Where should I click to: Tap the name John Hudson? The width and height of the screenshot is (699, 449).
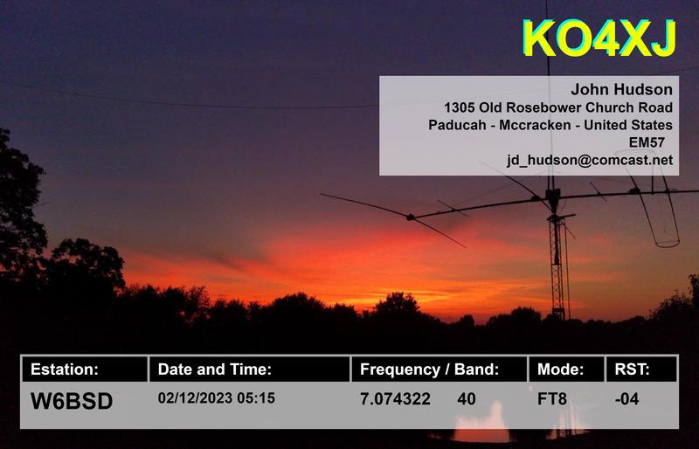(621, 89)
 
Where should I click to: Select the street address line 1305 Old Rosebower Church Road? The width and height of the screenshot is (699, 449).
(558, 107)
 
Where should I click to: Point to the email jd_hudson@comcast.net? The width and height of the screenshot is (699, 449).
(590, 160)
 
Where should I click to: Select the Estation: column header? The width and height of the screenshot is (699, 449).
(66, 370)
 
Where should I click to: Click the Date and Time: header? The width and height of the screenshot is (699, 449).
(215, 370)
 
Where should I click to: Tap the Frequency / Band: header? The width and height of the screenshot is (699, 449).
(430, 370)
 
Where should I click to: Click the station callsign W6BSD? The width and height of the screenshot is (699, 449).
(72, 401)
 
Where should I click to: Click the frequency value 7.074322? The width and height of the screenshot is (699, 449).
(395, 400)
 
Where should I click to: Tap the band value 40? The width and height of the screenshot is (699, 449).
(467, 400)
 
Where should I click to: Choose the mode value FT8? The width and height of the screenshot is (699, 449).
(552, 400)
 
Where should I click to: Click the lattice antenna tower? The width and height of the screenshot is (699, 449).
(557, 262)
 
